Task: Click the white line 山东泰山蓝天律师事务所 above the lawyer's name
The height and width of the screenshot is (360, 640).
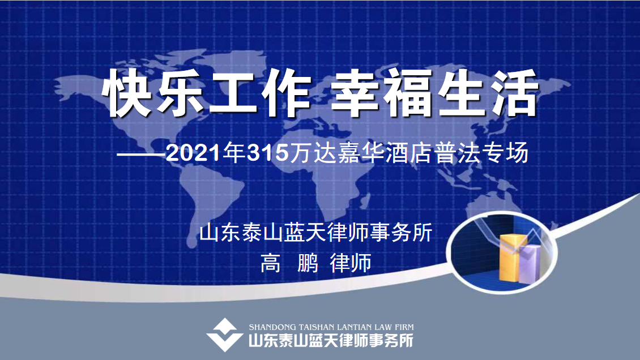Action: click(x=316, y=233)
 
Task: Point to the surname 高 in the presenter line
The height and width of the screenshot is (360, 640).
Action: click(x=271, y=263)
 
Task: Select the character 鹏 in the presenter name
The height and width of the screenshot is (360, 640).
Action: click(x=308, y=263)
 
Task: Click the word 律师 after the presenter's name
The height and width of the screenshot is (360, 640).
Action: click(x=351, y=263)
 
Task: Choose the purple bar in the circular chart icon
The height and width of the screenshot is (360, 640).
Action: click(x=530, y=264)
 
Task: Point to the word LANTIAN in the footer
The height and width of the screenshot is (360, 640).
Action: click(x=354, y=327)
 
